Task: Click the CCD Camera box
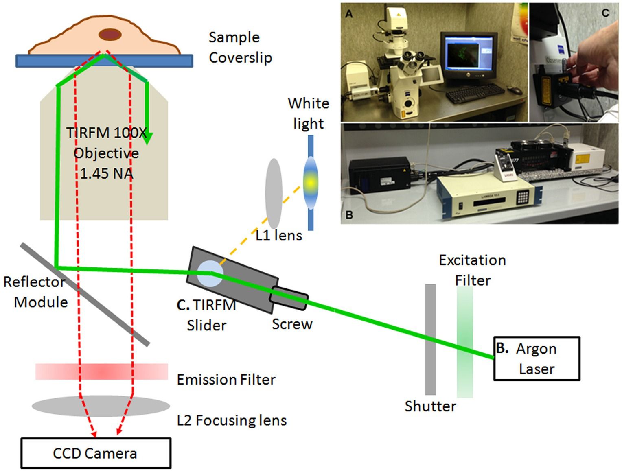[96, 453]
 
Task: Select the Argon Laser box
[536, 358]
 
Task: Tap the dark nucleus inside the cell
[110, 35]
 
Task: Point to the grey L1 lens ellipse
[274, 194]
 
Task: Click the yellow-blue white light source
[311, 183]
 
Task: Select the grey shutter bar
[430, 339]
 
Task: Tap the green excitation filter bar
[464, 342]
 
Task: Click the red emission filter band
[101, 371]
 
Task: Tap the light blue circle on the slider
[210, 273]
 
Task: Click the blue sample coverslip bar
[104, 61]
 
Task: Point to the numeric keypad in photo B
[523, 197]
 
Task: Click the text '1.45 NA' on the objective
[106, 174]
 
